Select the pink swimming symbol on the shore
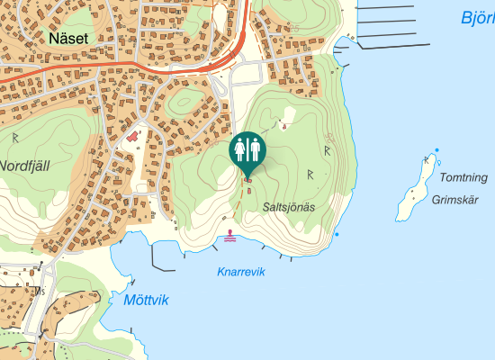(231, 235)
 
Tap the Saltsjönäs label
(289, 206)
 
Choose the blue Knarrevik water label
(241, 272)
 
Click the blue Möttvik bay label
(146, 301)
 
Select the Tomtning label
(464, 177)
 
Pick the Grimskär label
(453, 200)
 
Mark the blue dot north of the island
(436, 150)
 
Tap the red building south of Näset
(133, 136)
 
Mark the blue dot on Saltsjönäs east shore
(337, 234)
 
